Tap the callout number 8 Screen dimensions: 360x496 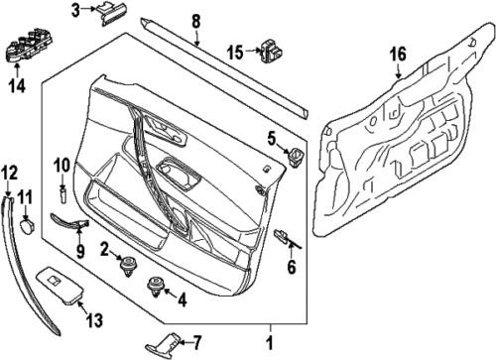tap(195, 20)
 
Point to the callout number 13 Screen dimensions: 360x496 tap(94, 318)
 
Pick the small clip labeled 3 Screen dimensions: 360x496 tap(110, 11)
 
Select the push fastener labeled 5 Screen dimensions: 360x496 tap(295, 156)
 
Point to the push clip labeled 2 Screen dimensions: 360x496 tap(127, 264)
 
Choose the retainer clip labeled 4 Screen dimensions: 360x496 tap(157, 289)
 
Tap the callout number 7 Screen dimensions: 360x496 tap(196, 342)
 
